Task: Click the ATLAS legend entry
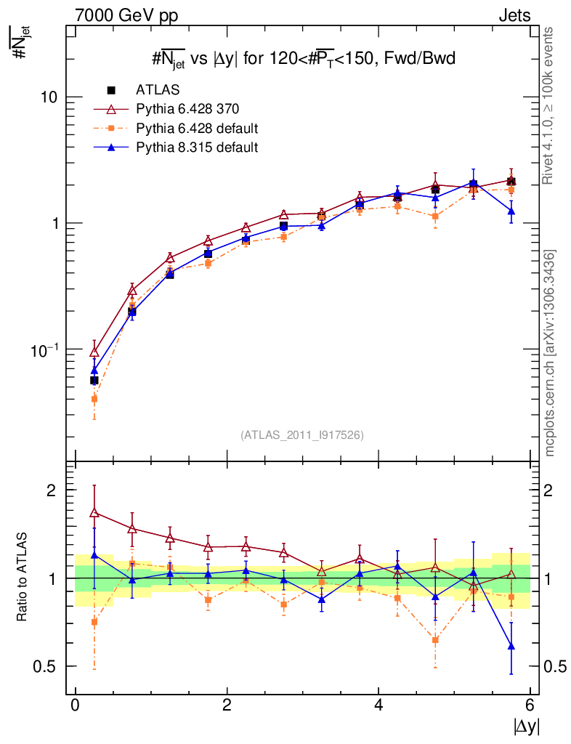click(158, 90)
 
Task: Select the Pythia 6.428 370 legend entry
click(187, 110)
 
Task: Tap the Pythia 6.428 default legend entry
click(197, 129)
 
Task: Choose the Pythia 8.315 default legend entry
click(197, 147)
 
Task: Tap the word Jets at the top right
click(514, 15)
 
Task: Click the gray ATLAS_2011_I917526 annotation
click(302, 434)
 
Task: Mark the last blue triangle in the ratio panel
click(511, 646)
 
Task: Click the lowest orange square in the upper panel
click(94, 399)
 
